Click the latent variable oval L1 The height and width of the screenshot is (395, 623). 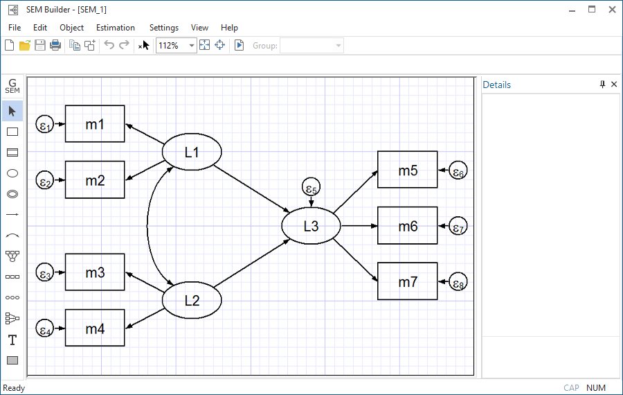click(x=192, y=152)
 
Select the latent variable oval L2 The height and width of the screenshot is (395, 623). click(x=192, y=301)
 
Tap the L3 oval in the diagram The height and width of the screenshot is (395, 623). click(x=311, y=226)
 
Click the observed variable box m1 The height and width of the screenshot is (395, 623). click(x=95, y=124)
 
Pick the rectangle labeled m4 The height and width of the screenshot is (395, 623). click(x=95, y=328)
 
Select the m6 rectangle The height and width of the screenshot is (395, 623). click(x=407, y=226)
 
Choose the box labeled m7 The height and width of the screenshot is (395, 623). click(x=407, y=281)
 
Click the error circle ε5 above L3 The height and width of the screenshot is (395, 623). click(x=311, y=188)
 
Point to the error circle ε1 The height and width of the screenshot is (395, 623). click(x=45, y=125)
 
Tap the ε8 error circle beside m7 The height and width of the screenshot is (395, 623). click(x=458, y=282)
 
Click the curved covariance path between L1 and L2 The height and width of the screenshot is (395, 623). click(x=147, y=225)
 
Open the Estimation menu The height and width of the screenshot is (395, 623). click(x=116, y=28)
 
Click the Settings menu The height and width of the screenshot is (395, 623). click(x=164, y=28)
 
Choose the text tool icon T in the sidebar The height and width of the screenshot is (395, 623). click(x=12, y=340)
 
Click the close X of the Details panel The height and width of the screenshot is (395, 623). click(x=614, y=85)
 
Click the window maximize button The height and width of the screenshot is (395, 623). click(x=592, y=10)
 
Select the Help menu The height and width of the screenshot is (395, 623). click(x=229, y=28)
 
